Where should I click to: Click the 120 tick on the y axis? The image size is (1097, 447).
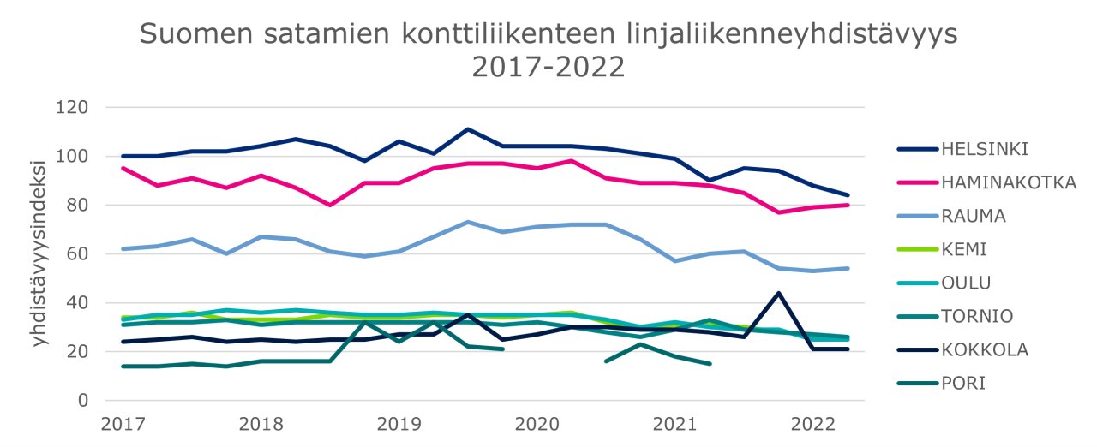coord(74,108)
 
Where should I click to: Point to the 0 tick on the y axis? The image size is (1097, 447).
coord(84,401)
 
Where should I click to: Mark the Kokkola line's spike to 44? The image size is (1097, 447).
coord(778,293)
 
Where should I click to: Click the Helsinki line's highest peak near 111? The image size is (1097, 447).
coord(468,129)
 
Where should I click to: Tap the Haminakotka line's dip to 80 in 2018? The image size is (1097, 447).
coord(330,206)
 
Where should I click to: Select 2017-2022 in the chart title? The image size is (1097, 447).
coord(548,66)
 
